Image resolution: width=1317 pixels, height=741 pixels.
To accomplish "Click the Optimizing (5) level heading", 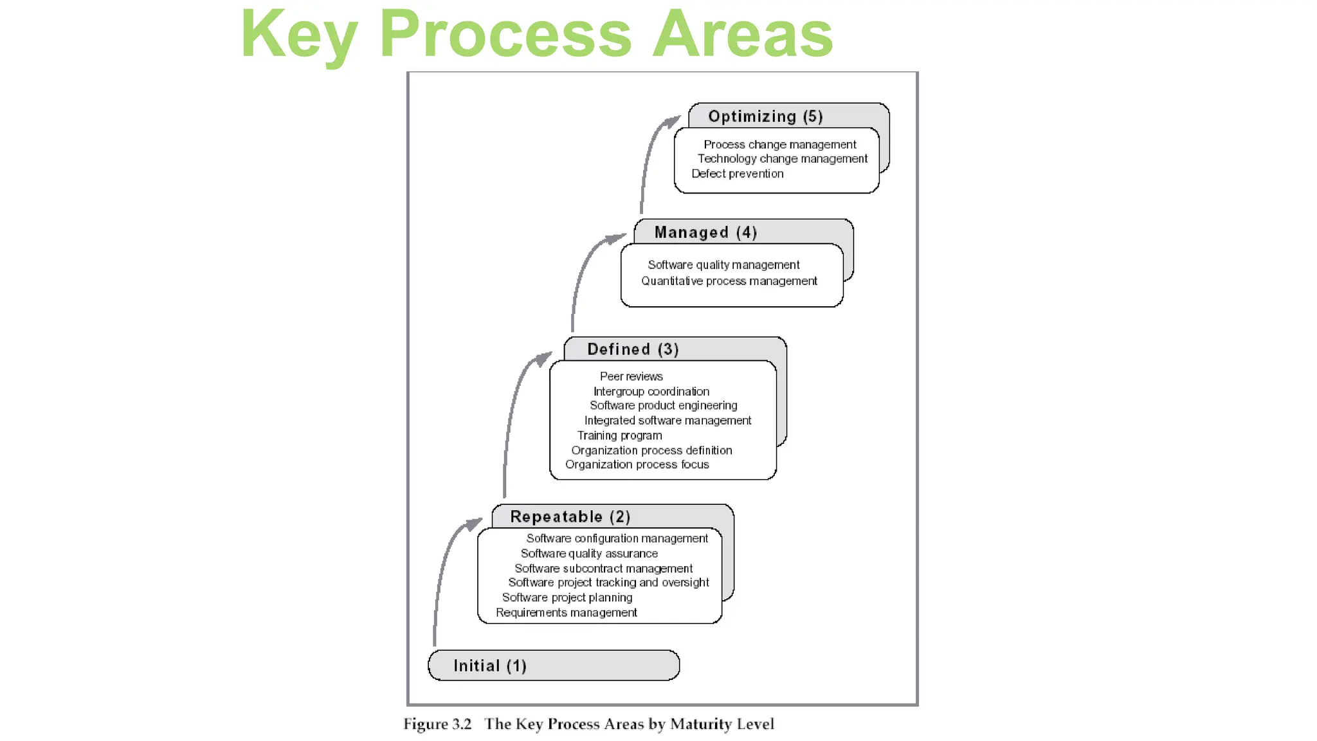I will coord(765,116).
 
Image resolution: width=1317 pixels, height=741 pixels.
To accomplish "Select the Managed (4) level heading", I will coord(705,232).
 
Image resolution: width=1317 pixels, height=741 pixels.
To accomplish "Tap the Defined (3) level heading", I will coord(633,349).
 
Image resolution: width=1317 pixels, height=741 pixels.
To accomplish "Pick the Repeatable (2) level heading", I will coord(570,517).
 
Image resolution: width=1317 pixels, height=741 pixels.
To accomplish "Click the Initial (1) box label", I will coord(490,666).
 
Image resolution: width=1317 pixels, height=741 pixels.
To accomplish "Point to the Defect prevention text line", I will coord(737,174).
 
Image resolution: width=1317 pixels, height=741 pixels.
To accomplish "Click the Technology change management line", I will coord(782,159).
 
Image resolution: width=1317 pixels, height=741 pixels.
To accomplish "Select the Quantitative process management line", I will coord(729,281).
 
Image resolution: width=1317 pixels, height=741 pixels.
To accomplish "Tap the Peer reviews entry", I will coord(631,376).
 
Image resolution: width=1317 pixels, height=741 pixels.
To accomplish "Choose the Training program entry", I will coord(619,435).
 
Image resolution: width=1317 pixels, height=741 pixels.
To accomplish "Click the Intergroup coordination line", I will coord(651,392).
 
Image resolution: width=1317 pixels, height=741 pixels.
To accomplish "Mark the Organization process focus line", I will coord(637,464).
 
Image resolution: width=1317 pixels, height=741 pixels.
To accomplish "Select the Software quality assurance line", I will coord(589,554).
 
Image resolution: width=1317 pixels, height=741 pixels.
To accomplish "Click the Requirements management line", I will coord(566,613).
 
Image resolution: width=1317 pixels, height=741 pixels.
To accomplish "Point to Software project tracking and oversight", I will coord(608,583).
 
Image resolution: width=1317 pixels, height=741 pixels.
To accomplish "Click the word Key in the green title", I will coord(298,35).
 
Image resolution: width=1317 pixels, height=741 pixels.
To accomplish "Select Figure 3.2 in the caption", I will coord(437,724).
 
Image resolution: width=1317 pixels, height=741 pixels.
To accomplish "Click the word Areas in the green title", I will coord(743,35).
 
